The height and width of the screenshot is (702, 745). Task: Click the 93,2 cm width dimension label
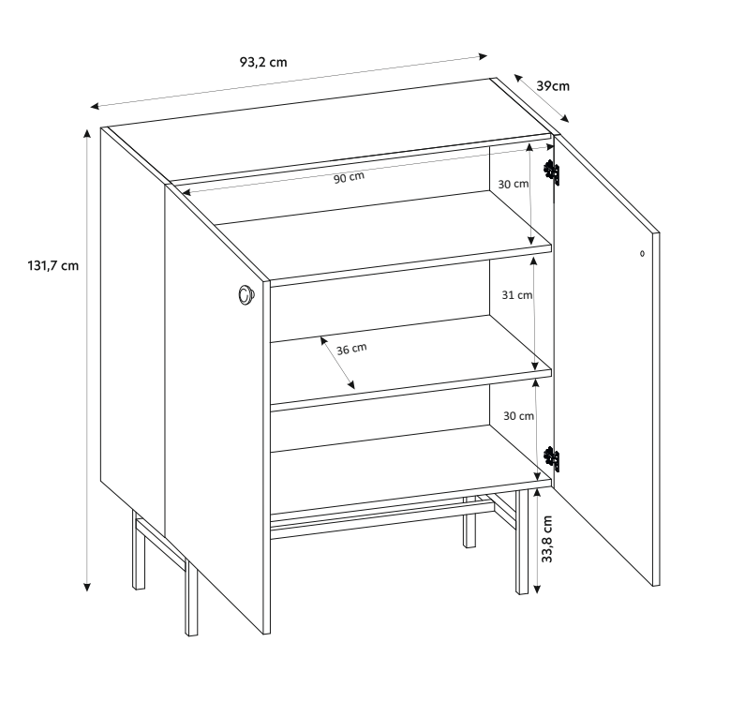tap(263, 62)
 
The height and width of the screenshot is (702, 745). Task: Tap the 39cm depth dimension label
tap(553, 86)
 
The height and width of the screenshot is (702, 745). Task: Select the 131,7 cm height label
tap(52, 265)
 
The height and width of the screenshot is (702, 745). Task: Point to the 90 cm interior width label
tap(349, 177)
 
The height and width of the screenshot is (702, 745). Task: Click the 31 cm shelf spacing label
tap(517, 295)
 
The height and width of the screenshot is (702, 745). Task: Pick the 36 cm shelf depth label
tap(351, 349)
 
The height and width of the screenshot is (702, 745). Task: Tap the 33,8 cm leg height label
tap(547, 539)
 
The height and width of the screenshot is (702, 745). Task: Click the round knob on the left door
tap(246, 295)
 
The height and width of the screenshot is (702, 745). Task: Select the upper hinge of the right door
tap(552, 172)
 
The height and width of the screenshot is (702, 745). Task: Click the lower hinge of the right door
tap(552, 459)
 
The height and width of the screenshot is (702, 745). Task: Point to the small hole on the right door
tap(642, 254)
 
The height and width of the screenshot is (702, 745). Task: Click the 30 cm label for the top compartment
tap(514, 184)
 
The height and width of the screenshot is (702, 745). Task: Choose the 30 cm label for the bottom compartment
tap(518, 416)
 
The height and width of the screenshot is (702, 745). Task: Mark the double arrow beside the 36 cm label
tap(337, 363)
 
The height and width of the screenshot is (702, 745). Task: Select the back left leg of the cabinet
tap(139, 550)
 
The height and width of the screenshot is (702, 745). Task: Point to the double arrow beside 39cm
tap(541, 98)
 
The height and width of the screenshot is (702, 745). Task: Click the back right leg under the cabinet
tap(469, 522)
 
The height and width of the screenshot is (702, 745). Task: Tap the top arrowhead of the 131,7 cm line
tap(87, 132)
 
